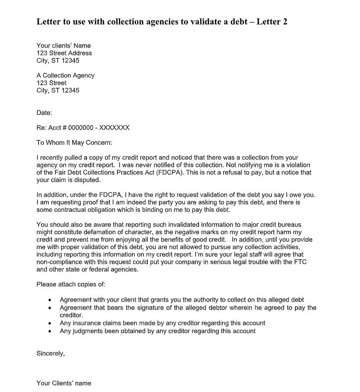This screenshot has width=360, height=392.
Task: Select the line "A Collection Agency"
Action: pos(65,75)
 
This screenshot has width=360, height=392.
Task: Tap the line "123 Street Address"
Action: pos(64,53)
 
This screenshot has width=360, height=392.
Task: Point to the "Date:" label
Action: pos(44,113)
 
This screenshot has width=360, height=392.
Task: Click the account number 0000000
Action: pos(79,128)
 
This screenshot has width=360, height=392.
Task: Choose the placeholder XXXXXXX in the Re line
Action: pos(114,128)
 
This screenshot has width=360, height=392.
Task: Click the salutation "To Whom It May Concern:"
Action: pos(74,142)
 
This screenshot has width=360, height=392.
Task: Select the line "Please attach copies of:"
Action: pos(71,285)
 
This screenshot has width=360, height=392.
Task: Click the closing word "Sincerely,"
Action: pos(51,353)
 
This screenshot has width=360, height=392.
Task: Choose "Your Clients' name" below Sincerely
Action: pos(64,383)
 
